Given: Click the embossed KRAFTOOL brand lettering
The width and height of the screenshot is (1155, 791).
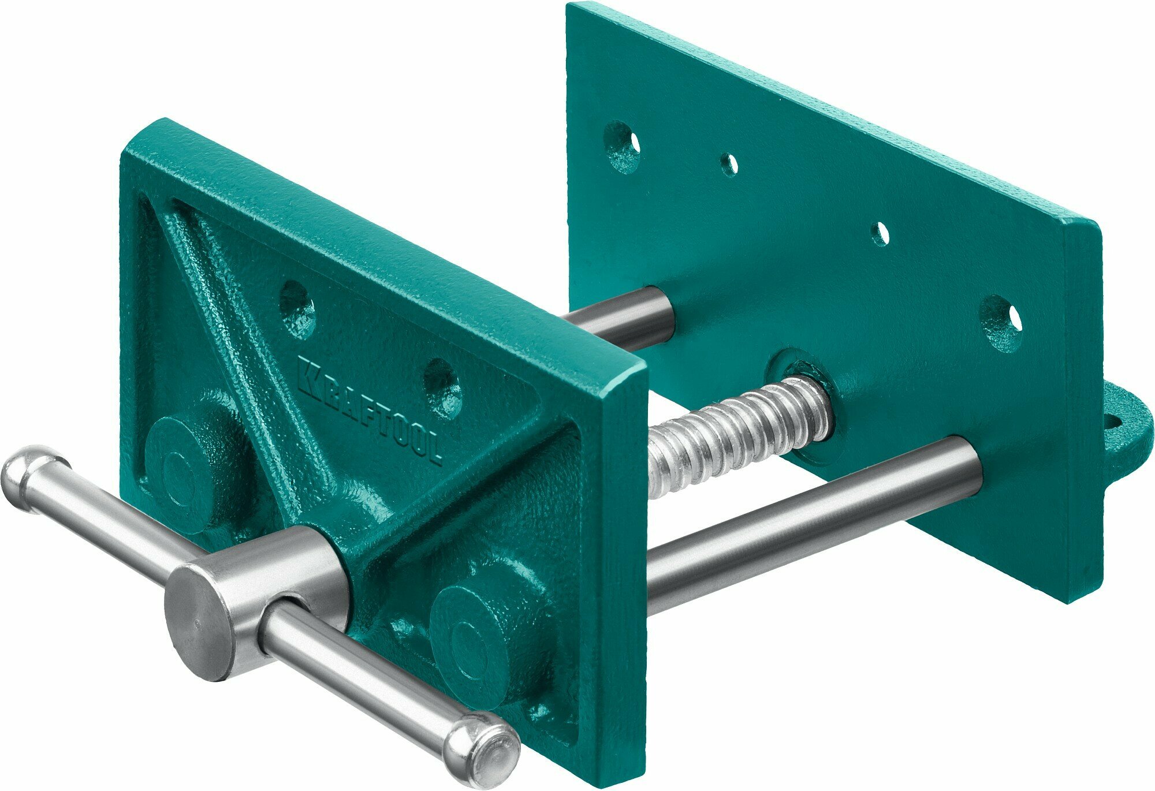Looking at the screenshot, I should tap(370, 410).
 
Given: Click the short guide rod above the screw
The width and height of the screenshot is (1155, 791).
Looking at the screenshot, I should tap(624, 320).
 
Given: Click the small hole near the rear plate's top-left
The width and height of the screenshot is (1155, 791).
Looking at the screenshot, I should tap(730, 165).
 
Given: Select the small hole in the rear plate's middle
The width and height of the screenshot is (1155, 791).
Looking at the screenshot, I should tap(880, 233).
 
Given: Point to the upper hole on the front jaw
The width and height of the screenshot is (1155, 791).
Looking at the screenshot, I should tap(297, 309).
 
